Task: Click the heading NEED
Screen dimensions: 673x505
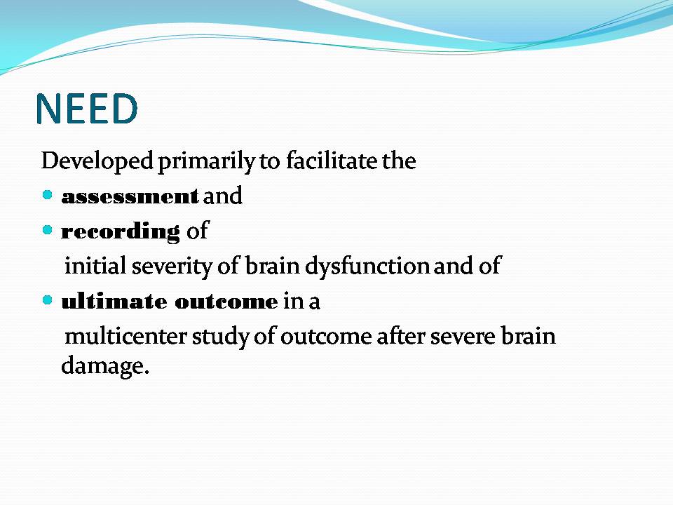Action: [x=87, y=109]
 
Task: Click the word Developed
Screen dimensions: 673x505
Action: [x=97, y=161]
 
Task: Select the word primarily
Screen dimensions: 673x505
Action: [x=207, y=162]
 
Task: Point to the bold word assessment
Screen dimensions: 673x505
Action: [x=130, y=196]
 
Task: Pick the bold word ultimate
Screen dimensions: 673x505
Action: [x=114, y=302]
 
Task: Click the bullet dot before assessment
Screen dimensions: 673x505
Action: [x=47, y=196]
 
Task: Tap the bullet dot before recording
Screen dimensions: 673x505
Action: [x=47, y=230]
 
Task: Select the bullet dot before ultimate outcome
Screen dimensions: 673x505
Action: [x=47, y=299]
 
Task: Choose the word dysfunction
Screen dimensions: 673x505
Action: [x=367, y=267]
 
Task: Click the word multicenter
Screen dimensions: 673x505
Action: [x=125, y=336]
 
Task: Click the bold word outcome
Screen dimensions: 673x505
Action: [x=226, y=302]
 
